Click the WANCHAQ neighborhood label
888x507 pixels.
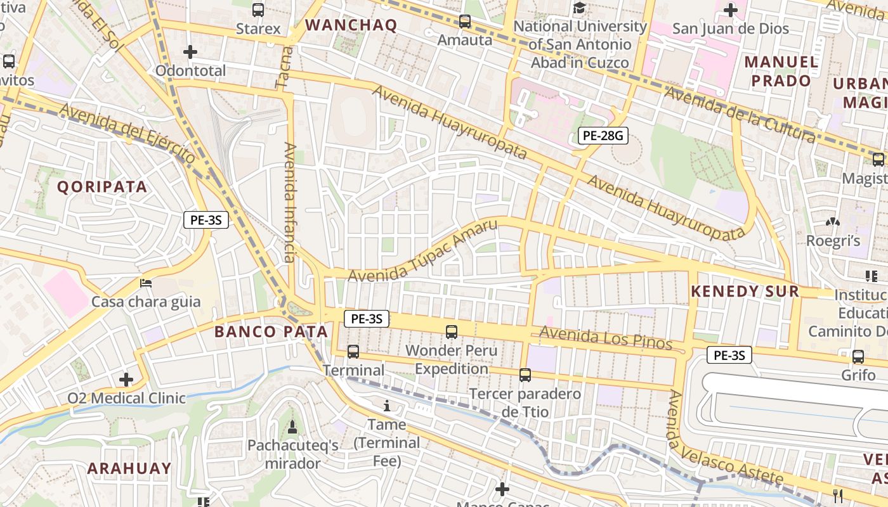pyautogui.click(x=351, y=25)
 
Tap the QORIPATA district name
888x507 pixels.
pyautogui.click(x=102, y=187)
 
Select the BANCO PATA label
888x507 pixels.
pyautogui.click(x=271, y=331)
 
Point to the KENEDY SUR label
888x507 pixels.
pyautogui.click(x=745, y=292)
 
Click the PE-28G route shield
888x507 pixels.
pyautogui.click(x=603, y=135)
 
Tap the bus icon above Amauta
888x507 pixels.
pyautogui.click(x=465, y=22)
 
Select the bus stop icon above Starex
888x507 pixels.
pyautogui.click(x=258, y=10)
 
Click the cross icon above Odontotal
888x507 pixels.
pyautogui.click(x=190, y=52)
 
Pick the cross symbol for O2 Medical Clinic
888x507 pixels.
pyautogui.click(x=126, y=380)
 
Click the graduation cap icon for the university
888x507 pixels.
pyautogui.click(x=579, y=8)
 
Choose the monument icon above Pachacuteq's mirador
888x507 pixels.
pyautogui.click(x=292, y=427)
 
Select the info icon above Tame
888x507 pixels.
pyautogui.click(x=387, y=406)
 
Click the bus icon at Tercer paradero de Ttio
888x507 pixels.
pyautogui.click(x=525, y=375)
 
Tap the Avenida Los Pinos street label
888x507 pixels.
pyautogui.click(x=605, y=337)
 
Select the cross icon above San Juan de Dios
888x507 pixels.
pyautogui.click(x=730, y=10)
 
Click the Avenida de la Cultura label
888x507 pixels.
pyautogui.click(x=739, y=115)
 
